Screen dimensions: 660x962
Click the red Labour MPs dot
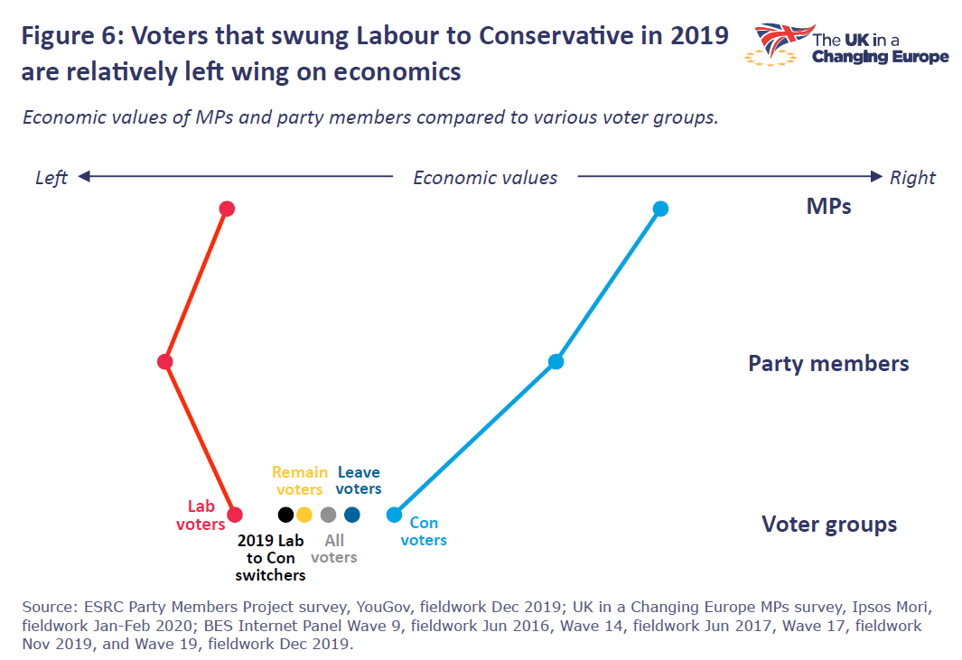228,209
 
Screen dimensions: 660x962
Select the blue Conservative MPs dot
660,209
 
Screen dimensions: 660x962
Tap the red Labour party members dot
164,362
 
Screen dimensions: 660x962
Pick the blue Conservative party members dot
556,362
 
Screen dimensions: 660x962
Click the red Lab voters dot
235,515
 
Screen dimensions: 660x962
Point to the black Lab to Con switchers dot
285,515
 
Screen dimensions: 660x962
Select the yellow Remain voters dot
304,515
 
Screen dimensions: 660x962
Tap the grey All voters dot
328,515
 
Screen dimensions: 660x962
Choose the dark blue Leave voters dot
352,515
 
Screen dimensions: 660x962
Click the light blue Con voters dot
394,515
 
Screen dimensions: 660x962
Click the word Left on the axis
51,178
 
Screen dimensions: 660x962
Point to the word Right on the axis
912,178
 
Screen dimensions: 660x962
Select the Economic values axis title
485,178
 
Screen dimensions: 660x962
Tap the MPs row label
828,207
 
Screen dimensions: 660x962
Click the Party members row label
828,364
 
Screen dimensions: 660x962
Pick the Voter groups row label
829,525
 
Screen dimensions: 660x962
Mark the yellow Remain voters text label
300,480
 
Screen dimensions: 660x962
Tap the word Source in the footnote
46,605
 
